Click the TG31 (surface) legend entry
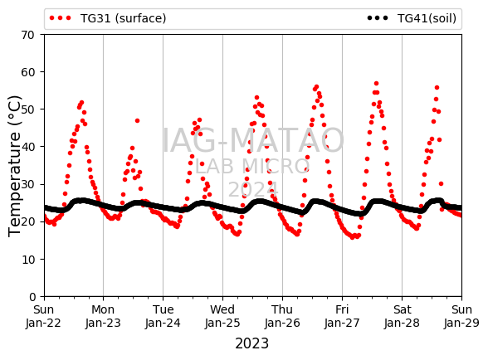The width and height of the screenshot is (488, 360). pyautogui.click(x=108, y=18)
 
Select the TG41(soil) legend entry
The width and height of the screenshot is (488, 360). pyautogui.click(x=412, y=18)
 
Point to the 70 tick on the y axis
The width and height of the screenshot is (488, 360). pyautogui.click(x=27, y=35)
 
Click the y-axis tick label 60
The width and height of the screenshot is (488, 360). pyautogui.click(x=27, y=72)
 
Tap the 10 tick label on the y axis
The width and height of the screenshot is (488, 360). pyautogui.click(x=27, y=260)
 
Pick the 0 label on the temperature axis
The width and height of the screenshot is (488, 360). pyautogui.click(x=32, y=297)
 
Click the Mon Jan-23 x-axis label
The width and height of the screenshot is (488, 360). pyautogui.click(x=103, y=316)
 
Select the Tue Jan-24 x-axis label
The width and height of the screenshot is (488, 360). pyautogui.click(x=163, y=316)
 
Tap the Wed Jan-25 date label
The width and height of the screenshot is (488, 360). pyautogui.click(x=222, y=316)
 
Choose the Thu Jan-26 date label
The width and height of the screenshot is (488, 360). pyautogui.click(x=282, y=316)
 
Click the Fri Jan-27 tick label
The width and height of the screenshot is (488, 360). pyautogui.click(x=342, y=316)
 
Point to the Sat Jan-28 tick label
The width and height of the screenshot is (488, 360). pyautogui.click(x=402, y=316)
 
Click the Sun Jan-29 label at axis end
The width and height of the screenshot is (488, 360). pyautogui.click(x=461, y=316)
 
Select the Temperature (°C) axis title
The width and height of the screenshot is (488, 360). pyautogui.click(x=14, y=166)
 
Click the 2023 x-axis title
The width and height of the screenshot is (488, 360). pyautogui.click(x=251, y=343)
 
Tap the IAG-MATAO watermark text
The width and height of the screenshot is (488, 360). pyautogui.click(x=253, y=140)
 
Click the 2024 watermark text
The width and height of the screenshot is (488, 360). pyautogui.click(x=253, y=189)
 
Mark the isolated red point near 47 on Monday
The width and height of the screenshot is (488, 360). pyautogui.click(x=137, y=121)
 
